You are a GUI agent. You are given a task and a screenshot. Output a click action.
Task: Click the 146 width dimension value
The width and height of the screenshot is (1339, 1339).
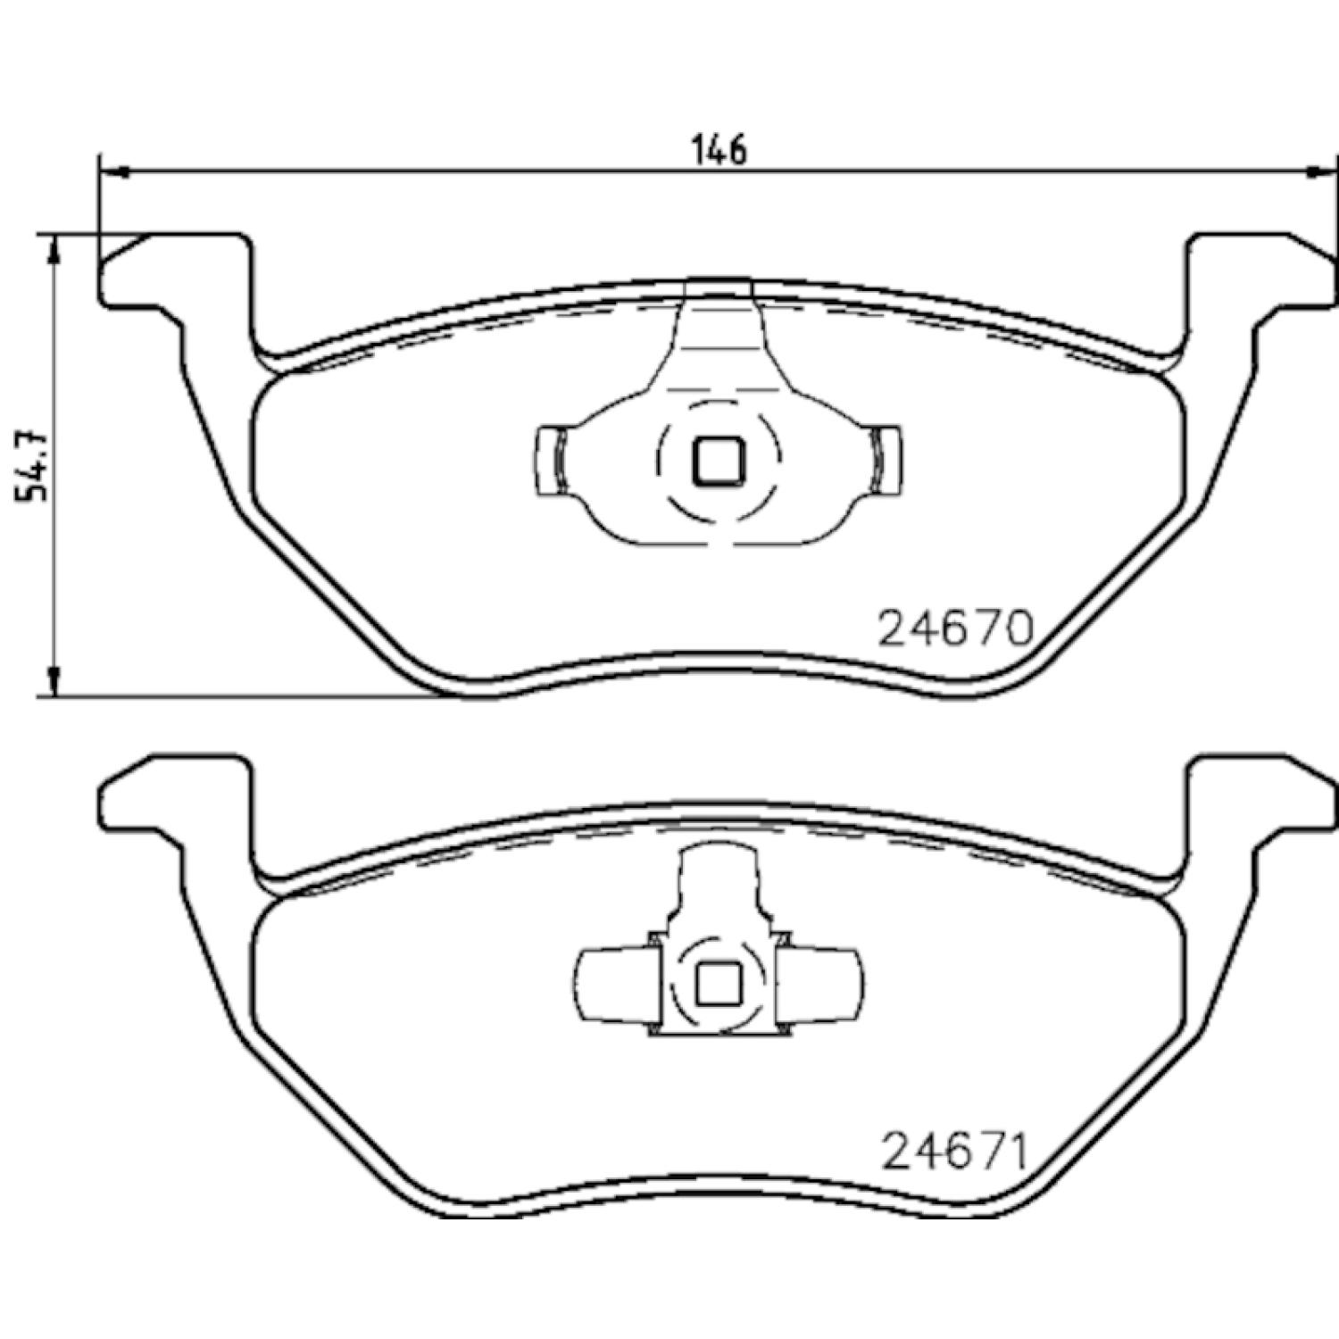click(x=720, y=149)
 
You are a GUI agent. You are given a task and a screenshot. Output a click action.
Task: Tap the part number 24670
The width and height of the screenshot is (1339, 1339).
click(x=956, y=629)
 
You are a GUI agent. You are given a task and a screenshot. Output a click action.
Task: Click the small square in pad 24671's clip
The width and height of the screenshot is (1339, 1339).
click(x=719, y=985)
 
